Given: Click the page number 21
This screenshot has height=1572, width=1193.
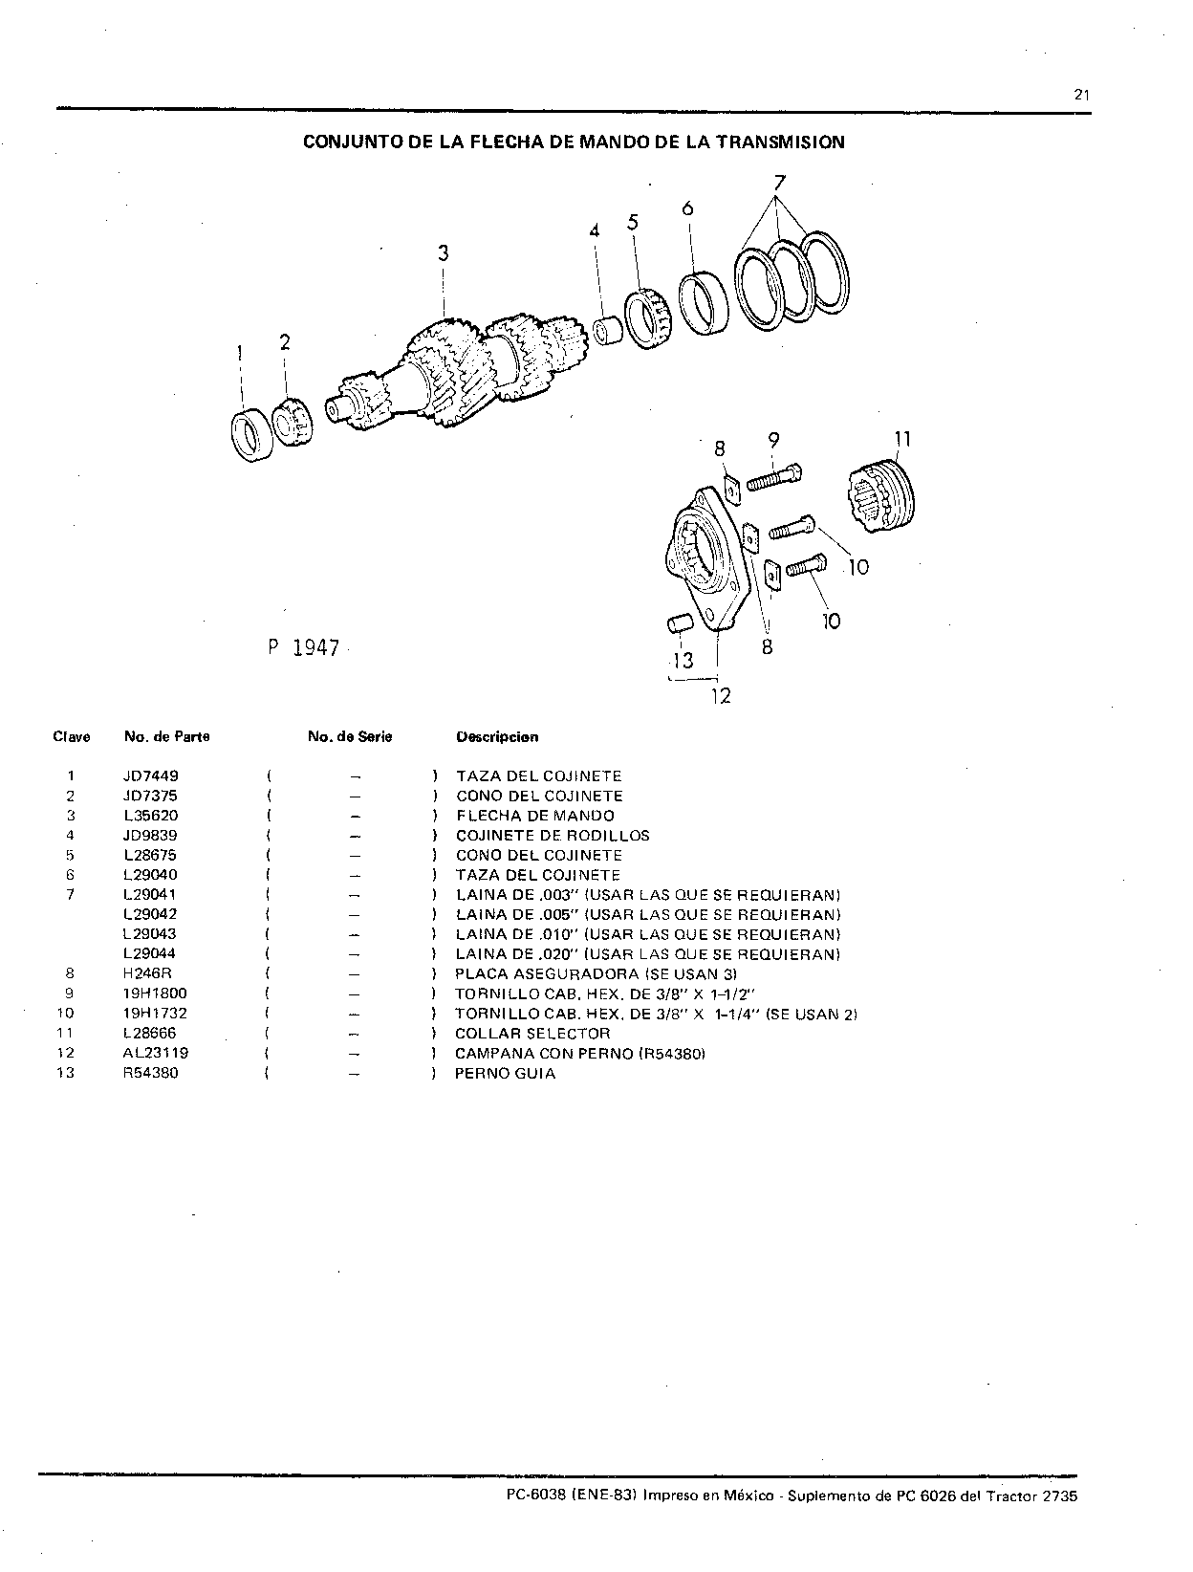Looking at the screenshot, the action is click(1081, 95).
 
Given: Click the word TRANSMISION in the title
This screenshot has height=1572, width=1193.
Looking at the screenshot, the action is click(781, 142).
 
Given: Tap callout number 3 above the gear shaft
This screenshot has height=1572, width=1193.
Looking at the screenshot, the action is click(444, 252).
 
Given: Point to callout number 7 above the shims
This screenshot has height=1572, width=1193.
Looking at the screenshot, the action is click(780, 184).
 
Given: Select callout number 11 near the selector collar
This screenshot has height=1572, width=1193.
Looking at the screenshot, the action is click(903, 439).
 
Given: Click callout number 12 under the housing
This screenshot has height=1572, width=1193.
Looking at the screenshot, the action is click(721, 695).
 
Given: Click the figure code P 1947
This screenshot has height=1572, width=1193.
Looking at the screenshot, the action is click(304, 647).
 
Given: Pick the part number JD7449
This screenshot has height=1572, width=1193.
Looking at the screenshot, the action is click(151, 776).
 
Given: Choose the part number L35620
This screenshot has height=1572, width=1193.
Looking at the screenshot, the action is click(151, 816).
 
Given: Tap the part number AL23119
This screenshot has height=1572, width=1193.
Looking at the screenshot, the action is click(156, 1053).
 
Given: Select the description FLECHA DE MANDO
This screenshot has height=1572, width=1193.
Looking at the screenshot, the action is click(535, 816).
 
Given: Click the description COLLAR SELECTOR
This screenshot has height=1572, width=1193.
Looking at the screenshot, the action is click(532, 1034).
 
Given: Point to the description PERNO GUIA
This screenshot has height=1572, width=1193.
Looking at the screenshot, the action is click(506, 1073).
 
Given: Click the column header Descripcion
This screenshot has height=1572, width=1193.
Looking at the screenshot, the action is click(497, 737).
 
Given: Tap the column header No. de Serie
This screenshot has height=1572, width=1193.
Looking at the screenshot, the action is click(350, 737).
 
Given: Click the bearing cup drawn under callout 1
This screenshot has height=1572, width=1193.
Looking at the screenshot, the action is click(252, 435).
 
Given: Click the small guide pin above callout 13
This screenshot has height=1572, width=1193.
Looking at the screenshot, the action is click(679, 622).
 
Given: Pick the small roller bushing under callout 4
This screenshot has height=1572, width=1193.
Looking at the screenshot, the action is click(609, 331).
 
